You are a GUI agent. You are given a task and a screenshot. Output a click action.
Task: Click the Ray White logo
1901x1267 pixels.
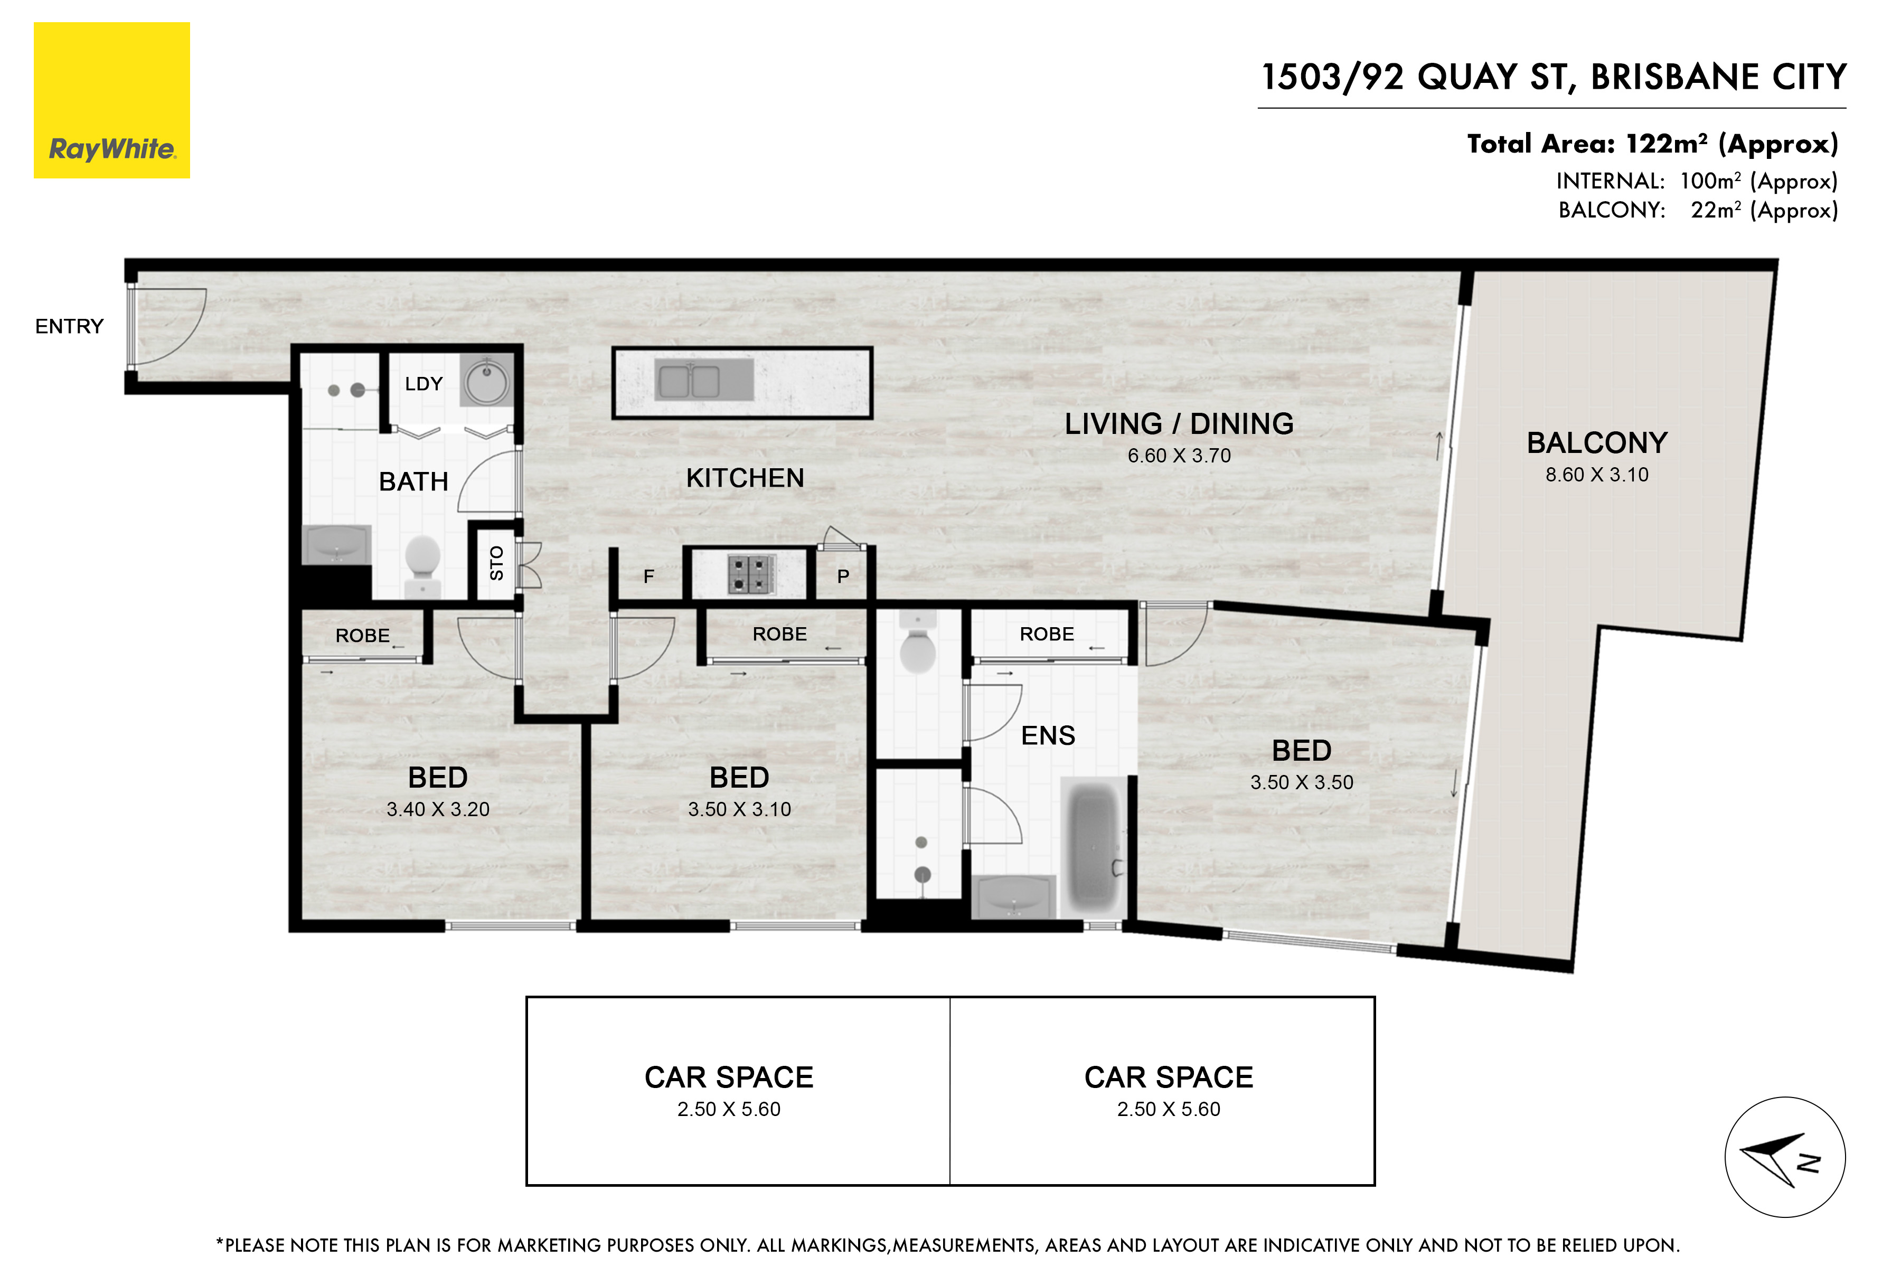[x=111, y=100]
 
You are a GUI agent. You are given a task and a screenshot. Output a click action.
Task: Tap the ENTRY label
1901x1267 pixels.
[x=70, y=326]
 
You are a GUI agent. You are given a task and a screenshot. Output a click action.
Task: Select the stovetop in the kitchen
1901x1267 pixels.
[x=751, y=574]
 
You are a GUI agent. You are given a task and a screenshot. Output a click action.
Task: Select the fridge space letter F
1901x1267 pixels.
[x=648, y=576]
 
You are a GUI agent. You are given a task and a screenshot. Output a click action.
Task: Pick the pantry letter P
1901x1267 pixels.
[x=843, y=576]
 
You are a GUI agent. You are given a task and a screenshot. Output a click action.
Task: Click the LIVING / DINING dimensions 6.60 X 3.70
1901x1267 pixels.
[x=1179, y=456]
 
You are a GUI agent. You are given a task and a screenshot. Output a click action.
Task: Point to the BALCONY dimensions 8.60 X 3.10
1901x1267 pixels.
[x=1597, y=474]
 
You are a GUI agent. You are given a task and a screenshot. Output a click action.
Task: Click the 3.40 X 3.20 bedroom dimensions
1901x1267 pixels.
[x=438, y=809]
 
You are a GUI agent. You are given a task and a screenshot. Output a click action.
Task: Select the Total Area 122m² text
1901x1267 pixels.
[x=1652, y=144]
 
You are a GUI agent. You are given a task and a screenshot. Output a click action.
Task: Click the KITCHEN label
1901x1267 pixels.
[x=745, y=478]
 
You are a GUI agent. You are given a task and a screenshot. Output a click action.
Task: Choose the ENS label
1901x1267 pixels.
[x=1048, y=735]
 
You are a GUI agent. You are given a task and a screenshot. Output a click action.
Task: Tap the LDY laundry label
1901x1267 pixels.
[x=424, y=384]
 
